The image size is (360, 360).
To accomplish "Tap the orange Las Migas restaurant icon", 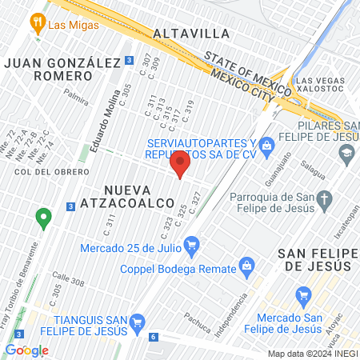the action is [x=37, y=23].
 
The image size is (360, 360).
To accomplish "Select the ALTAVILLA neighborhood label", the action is [x=190, y=34].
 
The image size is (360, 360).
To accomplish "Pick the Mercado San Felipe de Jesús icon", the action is [x=302, y=298].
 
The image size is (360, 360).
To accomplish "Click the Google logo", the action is [x=26, y=350].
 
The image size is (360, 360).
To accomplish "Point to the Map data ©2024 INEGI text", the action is [x=311, y=354].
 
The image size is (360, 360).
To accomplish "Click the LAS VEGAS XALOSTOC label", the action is [x=324, y=86].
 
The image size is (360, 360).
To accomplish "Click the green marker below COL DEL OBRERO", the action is [x=43, y=215].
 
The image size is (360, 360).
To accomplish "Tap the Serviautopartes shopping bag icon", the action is [x=268, y=144].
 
